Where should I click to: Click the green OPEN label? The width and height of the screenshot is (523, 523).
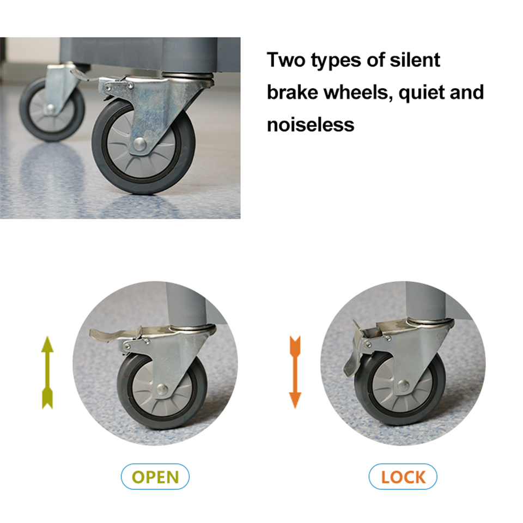coord(155,477)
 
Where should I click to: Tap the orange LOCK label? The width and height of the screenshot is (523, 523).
coord(403,477)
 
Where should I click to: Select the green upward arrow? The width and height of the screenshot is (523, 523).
coord(47,372)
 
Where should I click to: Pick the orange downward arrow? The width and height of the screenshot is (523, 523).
coord(295,372)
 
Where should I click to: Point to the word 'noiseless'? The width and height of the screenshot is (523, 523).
coord(311,125)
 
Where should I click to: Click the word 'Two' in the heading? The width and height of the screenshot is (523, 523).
coord(286,60)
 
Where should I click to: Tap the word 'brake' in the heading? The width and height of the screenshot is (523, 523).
coord(293,93)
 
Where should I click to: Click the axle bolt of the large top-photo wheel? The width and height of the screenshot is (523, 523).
coord(139,144)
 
